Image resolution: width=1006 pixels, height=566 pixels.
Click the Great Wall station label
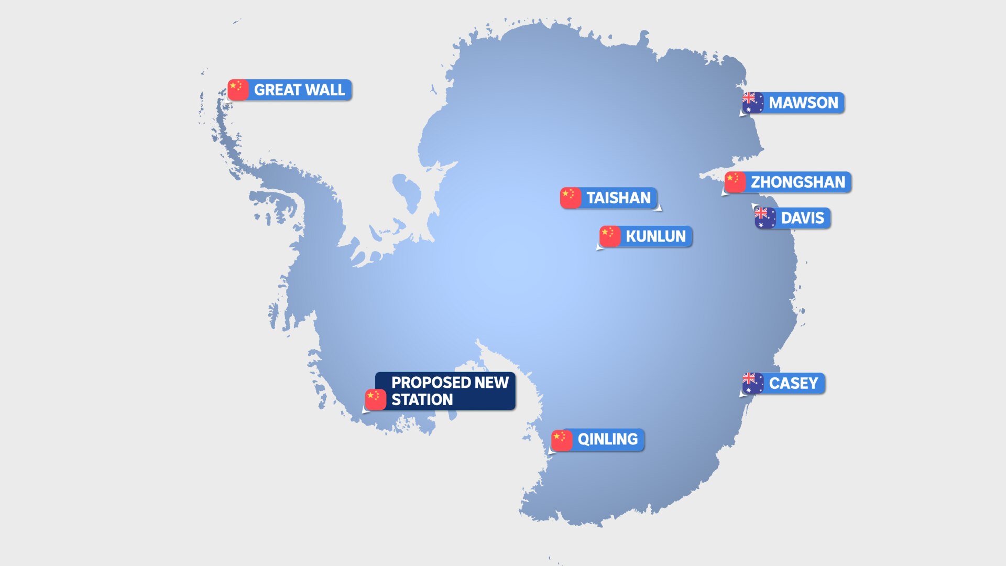coord(299,90)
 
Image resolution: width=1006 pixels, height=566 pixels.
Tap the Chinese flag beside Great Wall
coord(238,90)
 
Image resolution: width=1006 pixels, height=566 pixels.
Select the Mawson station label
coord(803,103)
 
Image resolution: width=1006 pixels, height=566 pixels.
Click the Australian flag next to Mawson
coord(753,102)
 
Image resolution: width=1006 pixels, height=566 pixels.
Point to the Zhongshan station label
coord(797,182)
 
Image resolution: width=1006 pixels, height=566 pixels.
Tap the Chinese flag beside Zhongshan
coord(735,182)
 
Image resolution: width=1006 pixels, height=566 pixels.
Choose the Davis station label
coord(802,218)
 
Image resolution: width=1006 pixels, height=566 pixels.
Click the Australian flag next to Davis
coord(765,217)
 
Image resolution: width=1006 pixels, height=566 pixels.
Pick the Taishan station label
coord(618,198)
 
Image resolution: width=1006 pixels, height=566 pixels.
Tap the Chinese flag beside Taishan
coord(570,198)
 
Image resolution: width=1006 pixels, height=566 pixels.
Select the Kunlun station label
coord(655,236)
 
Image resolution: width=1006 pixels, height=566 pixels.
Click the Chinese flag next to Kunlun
coord(609,236)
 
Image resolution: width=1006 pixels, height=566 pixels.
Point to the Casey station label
coord(793,384)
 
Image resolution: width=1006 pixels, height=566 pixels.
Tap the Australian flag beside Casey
coord(753,383)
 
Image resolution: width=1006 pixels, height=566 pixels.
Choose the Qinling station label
coord(607,439)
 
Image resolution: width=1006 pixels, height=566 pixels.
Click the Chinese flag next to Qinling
coord(561,440)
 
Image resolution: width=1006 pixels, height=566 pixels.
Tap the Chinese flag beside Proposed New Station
coord(375,399)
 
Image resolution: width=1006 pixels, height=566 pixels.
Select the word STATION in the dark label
coord(422,400)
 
